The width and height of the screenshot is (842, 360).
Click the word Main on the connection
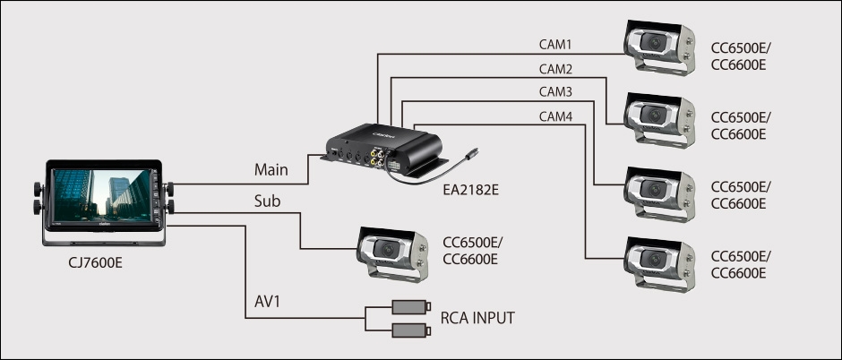pos(271,168)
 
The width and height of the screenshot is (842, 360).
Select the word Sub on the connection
pos(268,201)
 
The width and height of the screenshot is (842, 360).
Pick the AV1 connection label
pos(267,304)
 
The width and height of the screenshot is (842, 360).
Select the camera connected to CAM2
pos(658,118)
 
